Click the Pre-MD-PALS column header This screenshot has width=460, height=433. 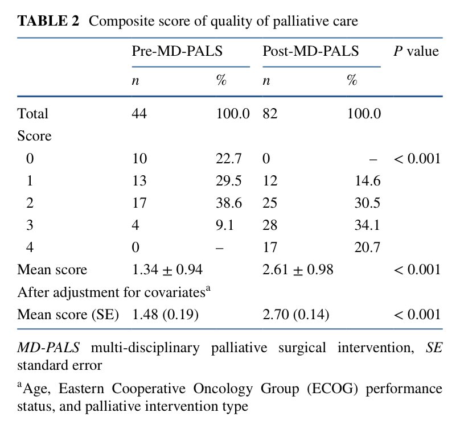coord(177,51)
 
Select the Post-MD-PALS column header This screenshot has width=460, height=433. coord(310,51)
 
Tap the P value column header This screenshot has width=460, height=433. coord(416,51)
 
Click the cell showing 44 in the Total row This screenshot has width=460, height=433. coord(139,114)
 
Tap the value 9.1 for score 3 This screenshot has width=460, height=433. coord(225,225)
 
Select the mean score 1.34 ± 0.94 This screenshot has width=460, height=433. coord(167,270)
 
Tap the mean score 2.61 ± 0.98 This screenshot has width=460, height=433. coord(298,270)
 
